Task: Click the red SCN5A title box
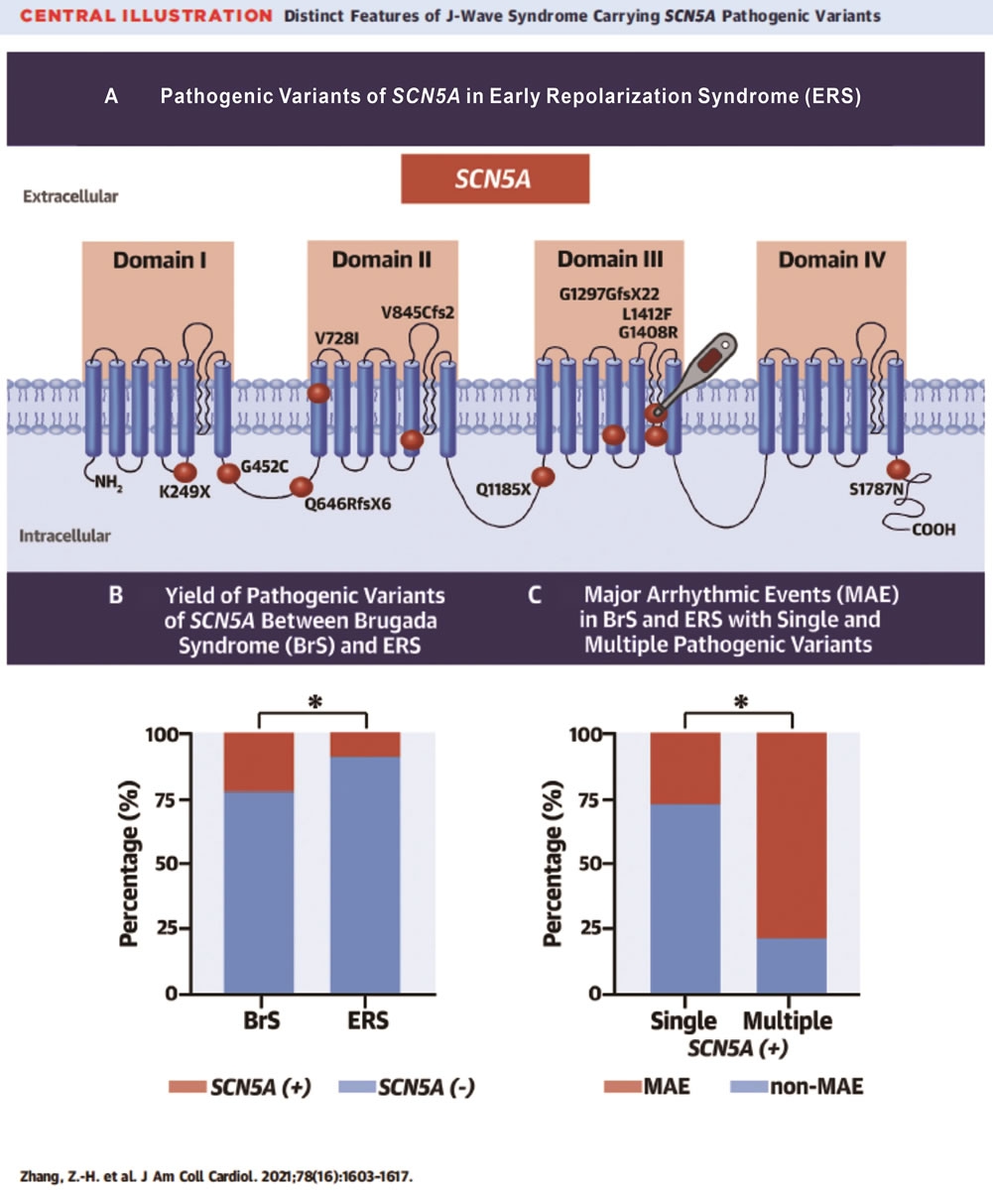(x=495, y=183)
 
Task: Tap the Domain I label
(x=159, y=262)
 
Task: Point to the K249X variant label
(x=186, y=492)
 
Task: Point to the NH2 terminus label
(x=107, y=484)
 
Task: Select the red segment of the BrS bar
(x=259, y=763)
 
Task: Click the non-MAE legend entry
(x=796, y=1087)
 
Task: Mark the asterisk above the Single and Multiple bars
(x=738, y=702)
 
